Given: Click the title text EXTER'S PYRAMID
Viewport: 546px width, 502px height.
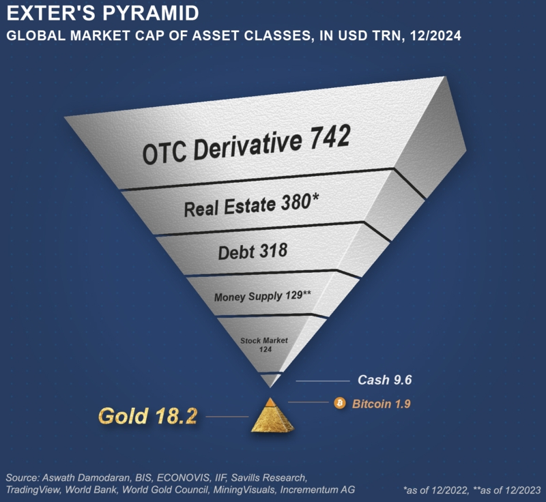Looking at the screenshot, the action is pos(103,13).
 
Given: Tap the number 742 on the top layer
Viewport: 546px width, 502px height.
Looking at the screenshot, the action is pos(330,138).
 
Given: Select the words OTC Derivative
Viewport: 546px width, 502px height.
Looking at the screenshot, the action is pos(222,148).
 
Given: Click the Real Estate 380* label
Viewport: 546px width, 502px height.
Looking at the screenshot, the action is pos(251,205).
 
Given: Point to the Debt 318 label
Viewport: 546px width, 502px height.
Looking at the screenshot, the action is pos(253,251).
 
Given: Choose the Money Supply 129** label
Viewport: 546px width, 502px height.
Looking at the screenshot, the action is pos(263,297).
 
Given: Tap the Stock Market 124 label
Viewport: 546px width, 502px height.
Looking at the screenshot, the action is pos(264,344).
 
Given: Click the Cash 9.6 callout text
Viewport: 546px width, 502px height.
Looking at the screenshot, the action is pos(385,380).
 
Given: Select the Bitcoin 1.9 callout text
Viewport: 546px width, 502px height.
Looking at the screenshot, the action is pos(382,404).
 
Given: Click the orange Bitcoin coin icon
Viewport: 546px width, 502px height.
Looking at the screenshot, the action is pos(340,403).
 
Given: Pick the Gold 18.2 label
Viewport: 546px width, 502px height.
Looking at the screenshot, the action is pos(148,416).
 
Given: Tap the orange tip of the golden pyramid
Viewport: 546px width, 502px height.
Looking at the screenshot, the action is pos(270,402).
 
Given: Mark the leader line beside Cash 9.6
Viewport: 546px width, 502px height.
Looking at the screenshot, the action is pos(323,381).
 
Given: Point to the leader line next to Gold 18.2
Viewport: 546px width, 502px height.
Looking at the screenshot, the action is pos(227,417).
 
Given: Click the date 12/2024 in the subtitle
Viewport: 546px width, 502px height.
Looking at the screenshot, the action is pos(435,36).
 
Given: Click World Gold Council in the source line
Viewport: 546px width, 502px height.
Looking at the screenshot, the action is pos(165,490).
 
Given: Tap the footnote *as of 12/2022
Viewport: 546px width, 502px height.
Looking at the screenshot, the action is pos(435,490).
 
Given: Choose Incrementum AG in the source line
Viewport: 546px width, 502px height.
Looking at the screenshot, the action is pos(317,490).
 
